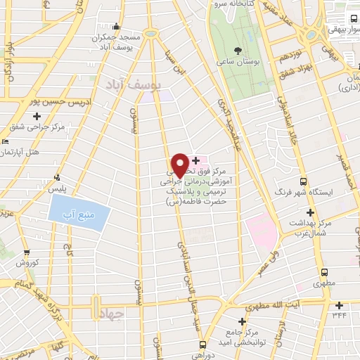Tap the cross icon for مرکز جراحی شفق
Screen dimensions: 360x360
(x=36, y=117)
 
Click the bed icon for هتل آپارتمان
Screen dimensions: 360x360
(x=4, y=141)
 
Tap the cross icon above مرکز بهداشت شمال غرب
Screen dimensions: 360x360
(x=309, y=211)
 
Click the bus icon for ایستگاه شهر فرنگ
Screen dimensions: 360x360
(x=304, y=181)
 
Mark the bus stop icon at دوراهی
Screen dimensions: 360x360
(x=203, y=345)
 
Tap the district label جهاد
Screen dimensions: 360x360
(x=111, y=311)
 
